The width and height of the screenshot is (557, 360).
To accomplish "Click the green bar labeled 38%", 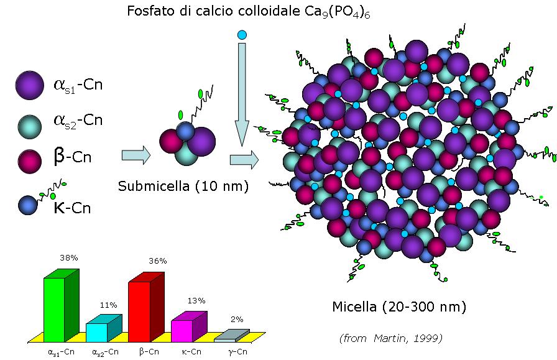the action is [61, 306].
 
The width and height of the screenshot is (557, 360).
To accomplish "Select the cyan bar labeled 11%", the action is [104, 328].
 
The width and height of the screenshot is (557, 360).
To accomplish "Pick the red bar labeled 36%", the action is [146, 307].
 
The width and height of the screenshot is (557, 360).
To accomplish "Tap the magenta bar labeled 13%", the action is [189, 327].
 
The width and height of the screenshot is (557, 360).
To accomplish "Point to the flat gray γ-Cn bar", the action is [232, 336].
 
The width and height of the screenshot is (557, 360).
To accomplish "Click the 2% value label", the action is [237, 320].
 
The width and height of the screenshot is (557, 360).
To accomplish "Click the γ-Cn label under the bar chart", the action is [237, 352].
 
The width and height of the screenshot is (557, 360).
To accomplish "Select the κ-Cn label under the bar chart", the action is [191, 352].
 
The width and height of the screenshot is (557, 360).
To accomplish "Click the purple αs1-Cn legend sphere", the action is [29, 85].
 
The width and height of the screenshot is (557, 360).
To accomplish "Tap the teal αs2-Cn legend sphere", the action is [29, 126].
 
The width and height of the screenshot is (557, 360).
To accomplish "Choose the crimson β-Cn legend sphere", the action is [29, 161].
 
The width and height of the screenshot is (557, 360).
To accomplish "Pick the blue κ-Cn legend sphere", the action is [28, 205].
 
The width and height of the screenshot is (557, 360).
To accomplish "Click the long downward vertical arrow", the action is [242, 95].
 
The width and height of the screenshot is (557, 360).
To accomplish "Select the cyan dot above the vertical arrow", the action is [242, 35].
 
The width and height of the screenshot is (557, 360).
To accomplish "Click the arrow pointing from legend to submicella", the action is [136, 155].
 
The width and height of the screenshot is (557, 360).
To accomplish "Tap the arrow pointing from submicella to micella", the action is [244, 160].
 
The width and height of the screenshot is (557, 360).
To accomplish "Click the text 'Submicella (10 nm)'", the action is [183, 187].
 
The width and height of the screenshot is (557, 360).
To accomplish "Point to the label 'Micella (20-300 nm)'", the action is [399, 307].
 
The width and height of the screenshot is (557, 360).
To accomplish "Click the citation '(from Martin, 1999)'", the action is [391, 338].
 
